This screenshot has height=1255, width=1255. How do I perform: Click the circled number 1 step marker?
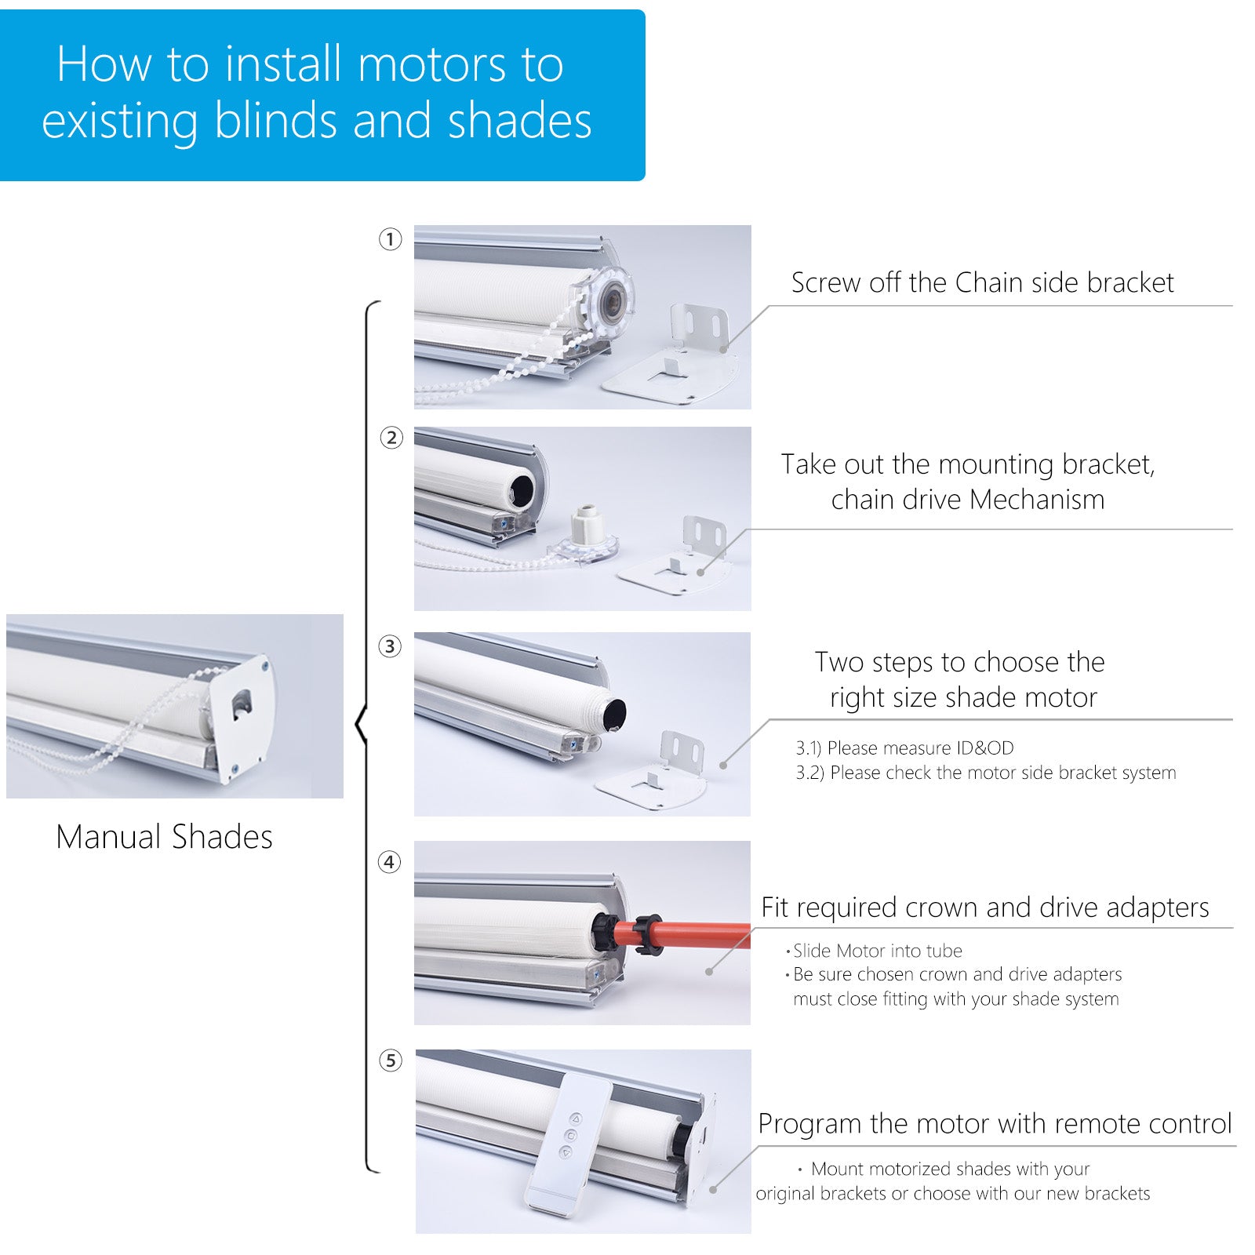390,239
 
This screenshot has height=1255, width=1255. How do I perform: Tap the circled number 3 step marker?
390,647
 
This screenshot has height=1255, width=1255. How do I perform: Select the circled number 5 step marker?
390,1060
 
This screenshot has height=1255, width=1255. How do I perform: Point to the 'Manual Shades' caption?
164,837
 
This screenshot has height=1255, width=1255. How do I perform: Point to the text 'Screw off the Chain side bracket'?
982,282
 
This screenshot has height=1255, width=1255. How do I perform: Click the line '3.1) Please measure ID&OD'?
904,748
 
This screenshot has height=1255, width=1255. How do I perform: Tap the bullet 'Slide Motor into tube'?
877,951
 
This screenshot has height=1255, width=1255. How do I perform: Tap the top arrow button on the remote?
576,1119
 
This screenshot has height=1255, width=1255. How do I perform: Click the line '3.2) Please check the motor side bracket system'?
986,773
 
